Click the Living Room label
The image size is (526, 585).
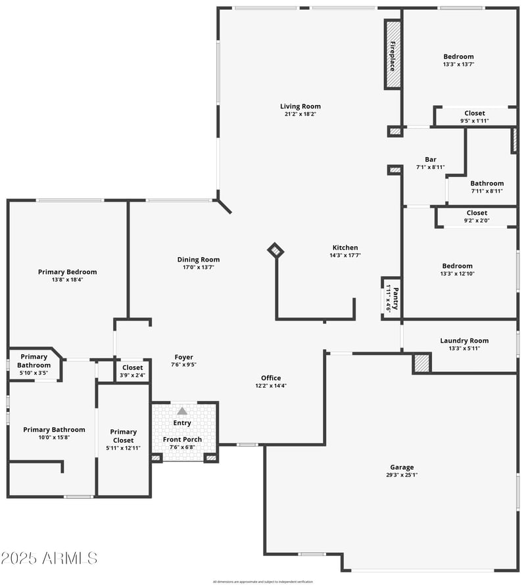point(300,106)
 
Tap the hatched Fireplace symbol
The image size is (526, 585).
point(393,55)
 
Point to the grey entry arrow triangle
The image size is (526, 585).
point(182,411)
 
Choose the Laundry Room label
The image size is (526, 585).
point(464,340)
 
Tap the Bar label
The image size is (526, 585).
point(430,159)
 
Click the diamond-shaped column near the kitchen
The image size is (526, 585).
point(275,250)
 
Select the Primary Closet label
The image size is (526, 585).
point(123,436)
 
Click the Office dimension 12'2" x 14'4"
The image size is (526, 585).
point(271,386)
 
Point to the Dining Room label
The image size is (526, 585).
point(198,260)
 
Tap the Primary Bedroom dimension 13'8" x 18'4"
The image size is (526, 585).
point(67,279)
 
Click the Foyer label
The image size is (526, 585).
point(183,357)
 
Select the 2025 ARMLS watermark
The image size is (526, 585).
point(49,558)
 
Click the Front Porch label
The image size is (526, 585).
point(182,440)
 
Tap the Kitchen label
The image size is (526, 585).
point(345,247)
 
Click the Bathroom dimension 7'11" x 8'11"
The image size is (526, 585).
point(487,191)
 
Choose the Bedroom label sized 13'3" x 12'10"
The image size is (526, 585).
point(457,266)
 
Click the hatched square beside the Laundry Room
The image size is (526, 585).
point(421,363)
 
